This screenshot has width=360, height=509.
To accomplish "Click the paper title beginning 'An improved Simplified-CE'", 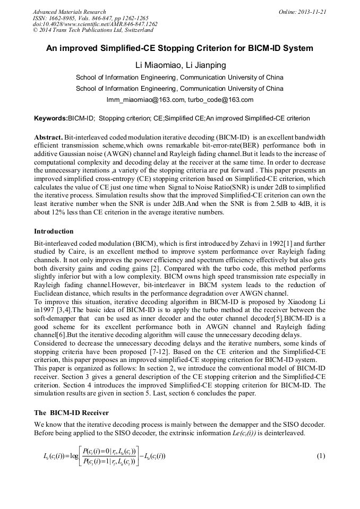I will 179,48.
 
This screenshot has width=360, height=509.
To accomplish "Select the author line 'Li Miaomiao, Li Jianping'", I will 179,65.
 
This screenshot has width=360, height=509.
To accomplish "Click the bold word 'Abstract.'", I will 48,136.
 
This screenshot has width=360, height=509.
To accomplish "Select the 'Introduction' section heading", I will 54,231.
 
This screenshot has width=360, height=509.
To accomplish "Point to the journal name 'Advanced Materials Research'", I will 69,12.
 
